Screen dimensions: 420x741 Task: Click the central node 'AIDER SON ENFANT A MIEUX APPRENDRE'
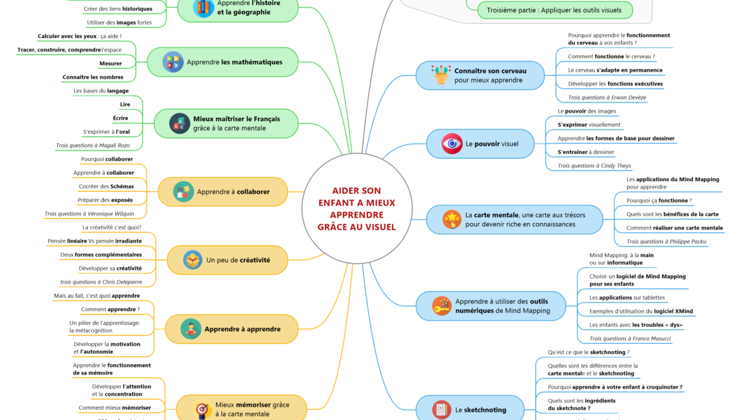[357, 208]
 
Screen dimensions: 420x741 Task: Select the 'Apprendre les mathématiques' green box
[223, 62]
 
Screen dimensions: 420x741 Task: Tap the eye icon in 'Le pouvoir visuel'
[452, 144]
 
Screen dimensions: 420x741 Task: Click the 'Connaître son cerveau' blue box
[480, 75]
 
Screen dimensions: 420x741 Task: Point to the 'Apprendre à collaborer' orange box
[222, 191]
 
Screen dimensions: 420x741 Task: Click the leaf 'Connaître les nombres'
[92, 77]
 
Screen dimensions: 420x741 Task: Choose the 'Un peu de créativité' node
[227, 260]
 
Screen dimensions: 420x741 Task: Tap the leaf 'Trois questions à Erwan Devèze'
[607, 98]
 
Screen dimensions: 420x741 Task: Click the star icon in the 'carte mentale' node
[452, 219]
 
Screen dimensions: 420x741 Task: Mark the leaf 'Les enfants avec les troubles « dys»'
[635, 325]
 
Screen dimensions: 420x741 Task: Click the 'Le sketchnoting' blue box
[470, 409]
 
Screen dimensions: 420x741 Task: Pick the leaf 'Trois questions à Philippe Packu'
[666, 241]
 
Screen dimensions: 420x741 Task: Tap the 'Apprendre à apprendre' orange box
[231, 329]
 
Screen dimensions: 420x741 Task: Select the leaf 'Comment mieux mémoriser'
[115, 407]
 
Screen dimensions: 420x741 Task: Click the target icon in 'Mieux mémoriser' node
[201, 409]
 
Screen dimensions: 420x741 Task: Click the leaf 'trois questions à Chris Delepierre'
[101, 282]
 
